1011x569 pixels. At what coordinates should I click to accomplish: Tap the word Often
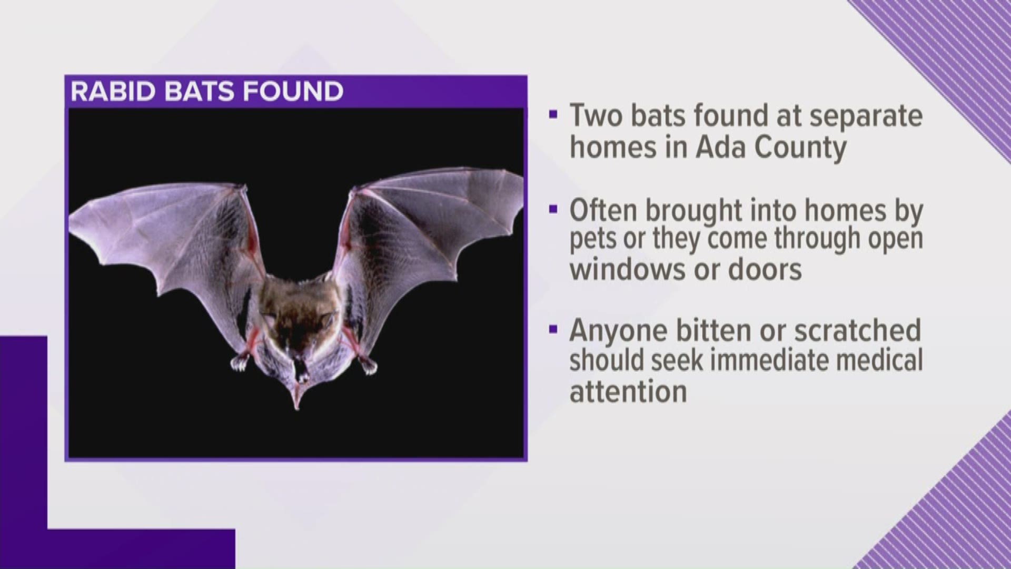click(603, 210)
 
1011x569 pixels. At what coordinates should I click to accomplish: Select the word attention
click(628, 391)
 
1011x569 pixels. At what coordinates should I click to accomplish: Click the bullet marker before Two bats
click(552, 115)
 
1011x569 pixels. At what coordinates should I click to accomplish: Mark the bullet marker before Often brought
click(552, 209)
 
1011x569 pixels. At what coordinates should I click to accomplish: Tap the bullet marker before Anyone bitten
click(552, 329)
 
